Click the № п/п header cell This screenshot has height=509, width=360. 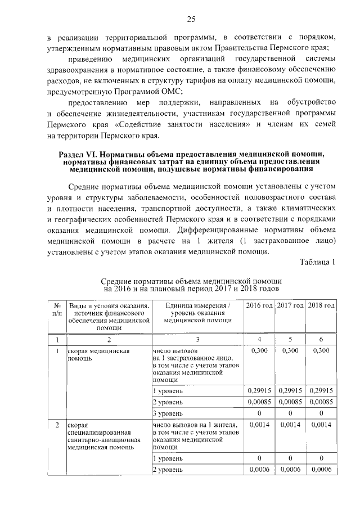point(57,309)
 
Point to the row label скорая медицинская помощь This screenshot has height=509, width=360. point(99,354)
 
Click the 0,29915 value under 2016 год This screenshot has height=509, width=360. point(259,390)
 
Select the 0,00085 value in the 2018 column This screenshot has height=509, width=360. point(322,402)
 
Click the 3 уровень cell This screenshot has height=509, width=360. point(168,413)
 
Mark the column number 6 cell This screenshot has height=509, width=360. point(322,340)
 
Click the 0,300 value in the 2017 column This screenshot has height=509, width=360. point(290,350)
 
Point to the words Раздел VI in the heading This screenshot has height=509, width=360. point(76,154)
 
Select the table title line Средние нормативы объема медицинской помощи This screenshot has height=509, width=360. point(191,281)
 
